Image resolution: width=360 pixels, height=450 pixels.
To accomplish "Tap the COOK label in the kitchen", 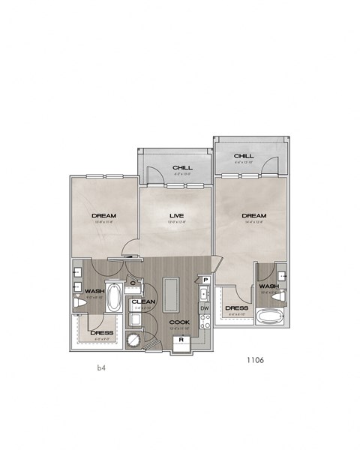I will (180, 322).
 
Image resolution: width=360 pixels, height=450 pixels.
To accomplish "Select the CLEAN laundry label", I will (143, 301).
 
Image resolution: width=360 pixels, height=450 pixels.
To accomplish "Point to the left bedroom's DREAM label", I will (104, 214).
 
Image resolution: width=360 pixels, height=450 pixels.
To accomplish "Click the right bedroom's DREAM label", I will (254, 214).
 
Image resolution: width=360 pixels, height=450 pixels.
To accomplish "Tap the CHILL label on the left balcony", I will (181, 167).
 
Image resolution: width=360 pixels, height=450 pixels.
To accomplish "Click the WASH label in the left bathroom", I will (94, 291).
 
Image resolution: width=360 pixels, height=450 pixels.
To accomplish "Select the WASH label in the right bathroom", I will (268, 286).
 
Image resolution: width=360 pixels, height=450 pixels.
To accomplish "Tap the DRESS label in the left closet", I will (101, 332).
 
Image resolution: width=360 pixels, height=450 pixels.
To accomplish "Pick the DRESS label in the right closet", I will (236, 307).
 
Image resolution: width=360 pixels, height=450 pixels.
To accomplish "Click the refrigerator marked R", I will (181, 342).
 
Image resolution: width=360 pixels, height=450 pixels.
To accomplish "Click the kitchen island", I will (170, 293).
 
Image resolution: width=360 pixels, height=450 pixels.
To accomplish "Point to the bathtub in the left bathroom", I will (115, 298).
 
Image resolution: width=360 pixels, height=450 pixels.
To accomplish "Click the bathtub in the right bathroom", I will (268, 316).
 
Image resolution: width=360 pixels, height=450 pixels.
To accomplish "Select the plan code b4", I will (102, 368).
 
